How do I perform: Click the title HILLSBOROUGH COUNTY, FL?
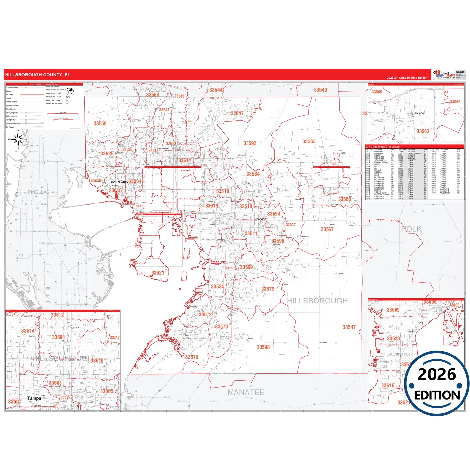(37, 75)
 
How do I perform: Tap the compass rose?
(18, 139)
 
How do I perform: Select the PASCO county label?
(153, 89)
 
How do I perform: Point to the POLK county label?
(411, 229)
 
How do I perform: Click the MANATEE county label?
(246, 392)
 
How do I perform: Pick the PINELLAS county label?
(38, 192)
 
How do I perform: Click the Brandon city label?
(260, 219)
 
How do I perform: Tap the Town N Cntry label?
(118, 182)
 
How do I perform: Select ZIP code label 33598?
(263, 347)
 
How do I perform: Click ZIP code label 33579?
(268, 289)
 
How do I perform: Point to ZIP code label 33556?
(100, 123)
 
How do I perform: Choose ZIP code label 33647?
(237, 114)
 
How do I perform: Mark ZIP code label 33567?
(327, 229)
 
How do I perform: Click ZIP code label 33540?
(320, 90)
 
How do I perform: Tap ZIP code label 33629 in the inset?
(393, 339)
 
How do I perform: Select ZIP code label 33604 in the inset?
(59, 337)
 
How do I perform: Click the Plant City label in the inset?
(419, 114)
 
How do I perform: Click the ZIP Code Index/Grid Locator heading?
(383, 147)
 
